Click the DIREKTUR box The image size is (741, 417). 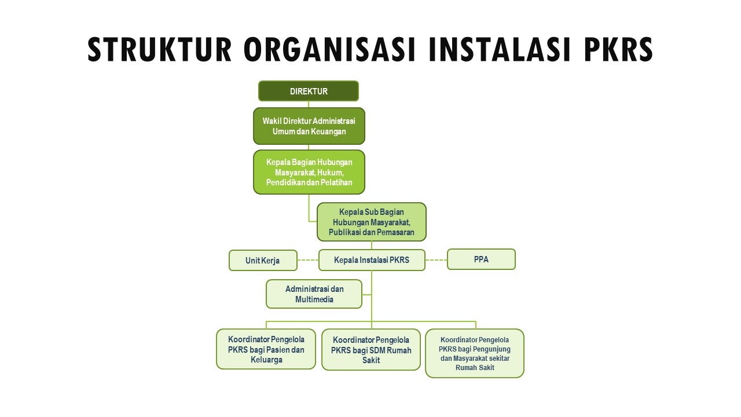tap(309, 91)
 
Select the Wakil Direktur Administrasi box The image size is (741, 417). tap(309, 126)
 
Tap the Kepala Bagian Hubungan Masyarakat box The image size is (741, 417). tap(309, 172)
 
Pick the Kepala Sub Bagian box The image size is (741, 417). tap(372, 222)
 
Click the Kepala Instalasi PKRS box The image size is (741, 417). tap(372, 260)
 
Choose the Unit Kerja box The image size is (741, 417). tap(263, 261)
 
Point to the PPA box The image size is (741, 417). tap(481, 259)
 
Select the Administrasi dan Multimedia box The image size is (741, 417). tap(314, 294)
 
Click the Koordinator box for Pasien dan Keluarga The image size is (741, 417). tap(266, 349)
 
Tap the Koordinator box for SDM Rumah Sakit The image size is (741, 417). tap(371, 349)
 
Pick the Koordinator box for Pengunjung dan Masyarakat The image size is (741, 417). tap(475, 353)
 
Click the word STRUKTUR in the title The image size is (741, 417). tap(160, 49)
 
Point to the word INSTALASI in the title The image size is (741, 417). tap(499, 49)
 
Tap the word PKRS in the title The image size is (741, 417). tap(618, 49)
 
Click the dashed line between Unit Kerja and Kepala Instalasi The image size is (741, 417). tap(308, 260)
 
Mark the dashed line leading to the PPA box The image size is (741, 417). tap(436, 260)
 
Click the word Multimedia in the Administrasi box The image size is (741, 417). tap(314, 299)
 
